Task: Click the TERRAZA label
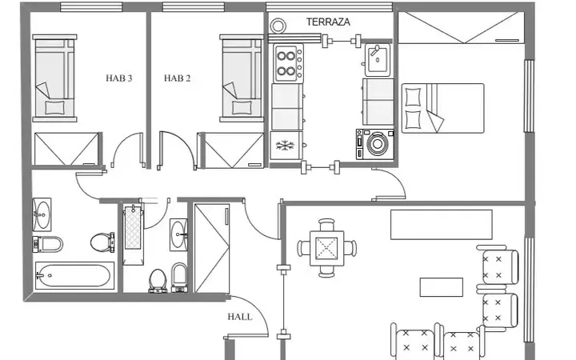coord(328,22)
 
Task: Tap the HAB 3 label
coord(118,78)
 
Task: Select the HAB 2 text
coord(177,78)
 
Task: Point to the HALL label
coord(240,317)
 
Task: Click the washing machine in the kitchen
coord(374,144)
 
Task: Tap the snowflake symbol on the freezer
coord(285,146)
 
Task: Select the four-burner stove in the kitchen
coord(288,63)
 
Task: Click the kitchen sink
coord(378,60)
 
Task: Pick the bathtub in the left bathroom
coord(74,275)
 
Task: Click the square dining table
coord(326,248)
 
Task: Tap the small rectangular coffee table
coord(441,287)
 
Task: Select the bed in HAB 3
coord(54,78)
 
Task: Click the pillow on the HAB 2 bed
coord(242,108)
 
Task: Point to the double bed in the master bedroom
coord(442,108)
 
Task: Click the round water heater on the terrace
coord(278,26)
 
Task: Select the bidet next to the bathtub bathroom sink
coord(48,244)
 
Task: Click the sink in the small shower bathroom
coord(179,234)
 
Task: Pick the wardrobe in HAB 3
coord(67,149)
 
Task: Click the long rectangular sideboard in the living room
coord(441,225)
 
